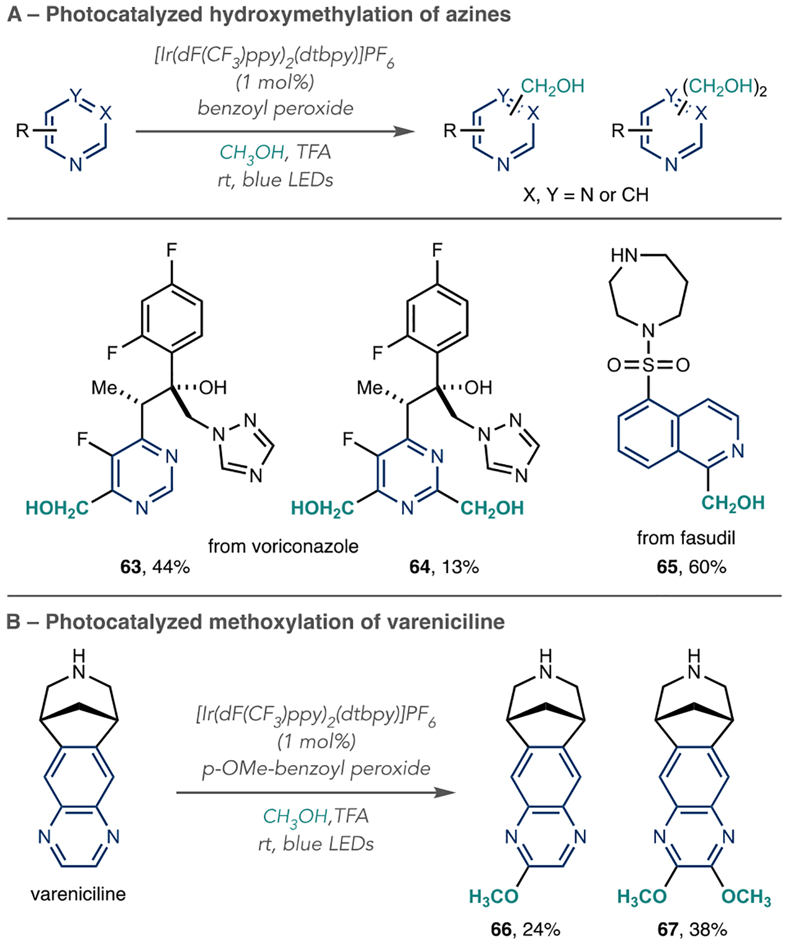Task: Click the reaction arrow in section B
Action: pos(315,792)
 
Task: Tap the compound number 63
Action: pos(130,567)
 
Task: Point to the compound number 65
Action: pos(667,567)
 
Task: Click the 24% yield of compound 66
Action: pos(541,929)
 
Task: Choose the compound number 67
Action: pos(668,929)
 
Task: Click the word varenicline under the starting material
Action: pos(78,893)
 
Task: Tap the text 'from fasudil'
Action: pos(686,538)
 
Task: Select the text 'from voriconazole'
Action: pos(283,546)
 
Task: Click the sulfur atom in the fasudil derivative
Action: pos(648,365)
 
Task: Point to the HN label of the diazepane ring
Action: pos(624,256)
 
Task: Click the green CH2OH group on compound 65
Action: pos(732,503)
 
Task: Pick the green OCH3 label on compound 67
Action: pos(746,897)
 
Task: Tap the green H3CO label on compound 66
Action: pos(493,897)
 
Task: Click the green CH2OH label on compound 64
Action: pos(492,508)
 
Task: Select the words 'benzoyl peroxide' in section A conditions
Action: pos(275,108)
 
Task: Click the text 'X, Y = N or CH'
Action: pos(586,195)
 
